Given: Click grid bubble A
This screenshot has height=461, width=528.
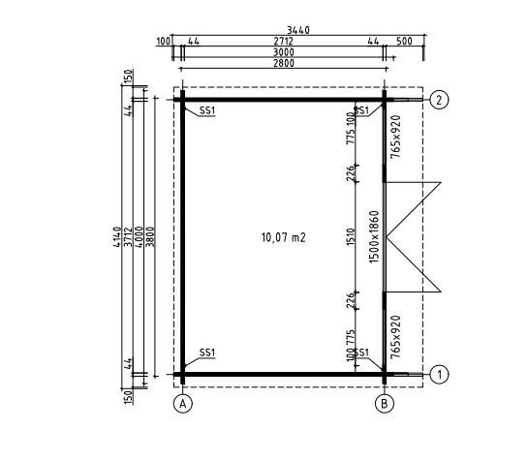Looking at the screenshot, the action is click(183, 404).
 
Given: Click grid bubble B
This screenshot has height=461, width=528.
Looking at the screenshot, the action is click(385, 404).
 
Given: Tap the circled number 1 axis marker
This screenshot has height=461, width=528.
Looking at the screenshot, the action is click(439, 375).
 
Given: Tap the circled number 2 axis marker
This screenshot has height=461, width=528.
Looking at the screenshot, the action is click(439, 100).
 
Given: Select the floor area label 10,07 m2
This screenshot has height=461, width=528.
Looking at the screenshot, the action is click(283, 237).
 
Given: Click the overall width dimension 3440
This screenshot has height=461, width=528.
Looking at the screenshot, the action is click(298, 30).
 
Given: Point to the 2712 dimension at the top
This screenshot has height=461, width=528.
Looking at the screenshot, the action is click(283, 41).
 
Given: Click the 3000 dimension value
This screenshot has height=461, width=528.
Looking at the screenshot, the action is click(283, 52).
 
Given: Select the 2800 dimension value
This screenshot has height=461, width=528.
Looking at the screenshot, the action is click(283, 63).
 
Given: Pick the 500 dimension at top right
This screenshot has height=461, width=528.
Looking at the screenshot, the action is click(404, 41).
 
